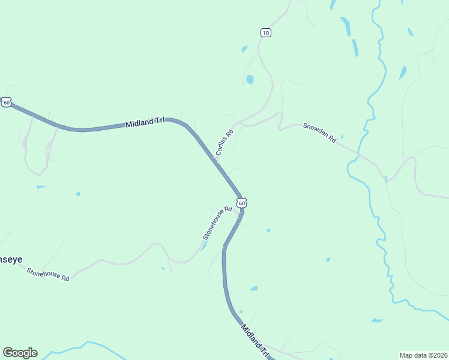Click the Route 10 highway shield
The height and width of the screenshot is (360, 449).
(x=266, y=32)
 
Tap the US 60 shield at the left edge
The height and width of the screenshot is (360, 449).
(x=6, y=103)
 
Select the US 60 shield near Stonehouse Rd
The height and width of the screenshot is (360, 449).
(x=241, y=203)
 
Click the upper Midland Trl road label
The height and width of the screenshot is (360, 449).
(x=145, y=122)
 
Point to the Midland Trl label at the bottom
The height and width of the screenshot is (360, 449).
(x=254, y=341)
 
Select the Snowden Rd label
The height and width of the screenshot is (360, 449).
(x=319, y=133)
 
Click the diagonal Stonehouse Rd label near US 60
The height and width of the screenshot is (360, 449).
(x=217, y=223)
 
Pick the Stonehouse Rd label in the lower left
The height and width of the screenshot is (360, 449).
(x=48, y=275)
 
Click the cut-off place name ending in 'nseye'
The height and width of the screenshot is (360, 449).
(x=11, y=260)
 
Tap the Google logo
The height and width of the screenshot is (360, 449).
(x=20, y=353)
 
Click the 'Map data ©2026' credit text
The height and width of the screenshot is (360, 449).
(x=423, y=355)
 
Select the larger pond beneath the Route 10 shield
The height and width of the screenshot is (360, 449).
(x=250, y=79)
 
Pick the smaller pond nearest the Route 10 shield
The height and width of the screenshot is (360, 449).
(x=244, y=49)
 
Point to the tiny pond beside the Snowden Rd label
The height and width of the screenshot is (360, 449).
(x=342, y=137)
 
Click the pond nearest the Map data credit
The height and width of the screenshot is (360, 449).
(x=376, y=320)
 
